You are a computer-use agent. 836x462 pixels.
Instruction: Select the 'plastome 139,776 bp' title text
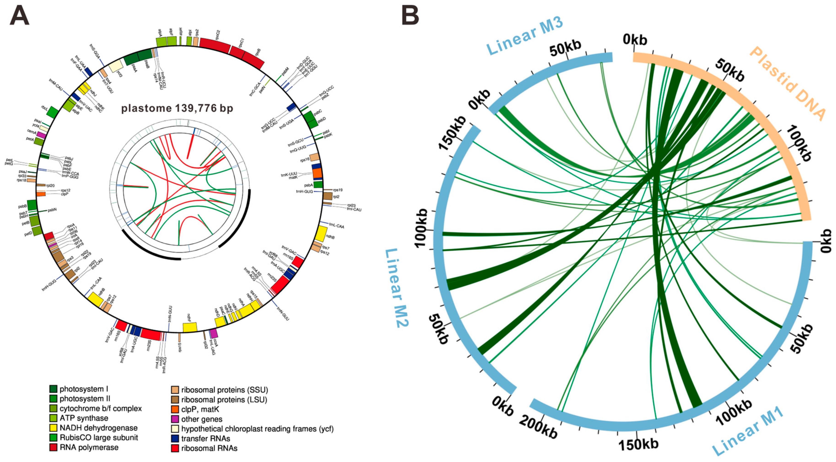[x=177, y=108]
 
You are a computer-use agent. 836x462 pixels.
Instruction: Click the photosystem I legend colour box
[x=53, y=389]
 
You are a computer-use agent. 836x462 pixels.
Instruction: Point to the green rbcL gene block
[x=52, y=112]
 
